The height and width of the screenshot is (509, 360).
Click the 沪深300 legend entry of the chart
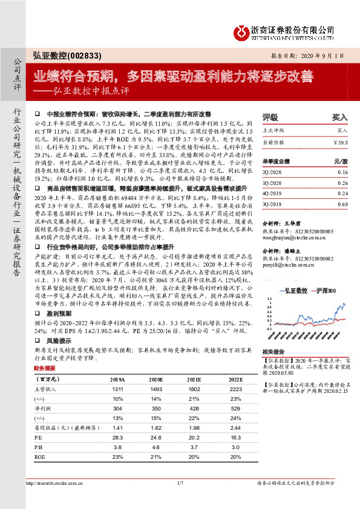(x=324, y=292)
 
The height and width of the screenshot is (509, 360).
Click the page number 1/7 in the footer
(x=180, y=482)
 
